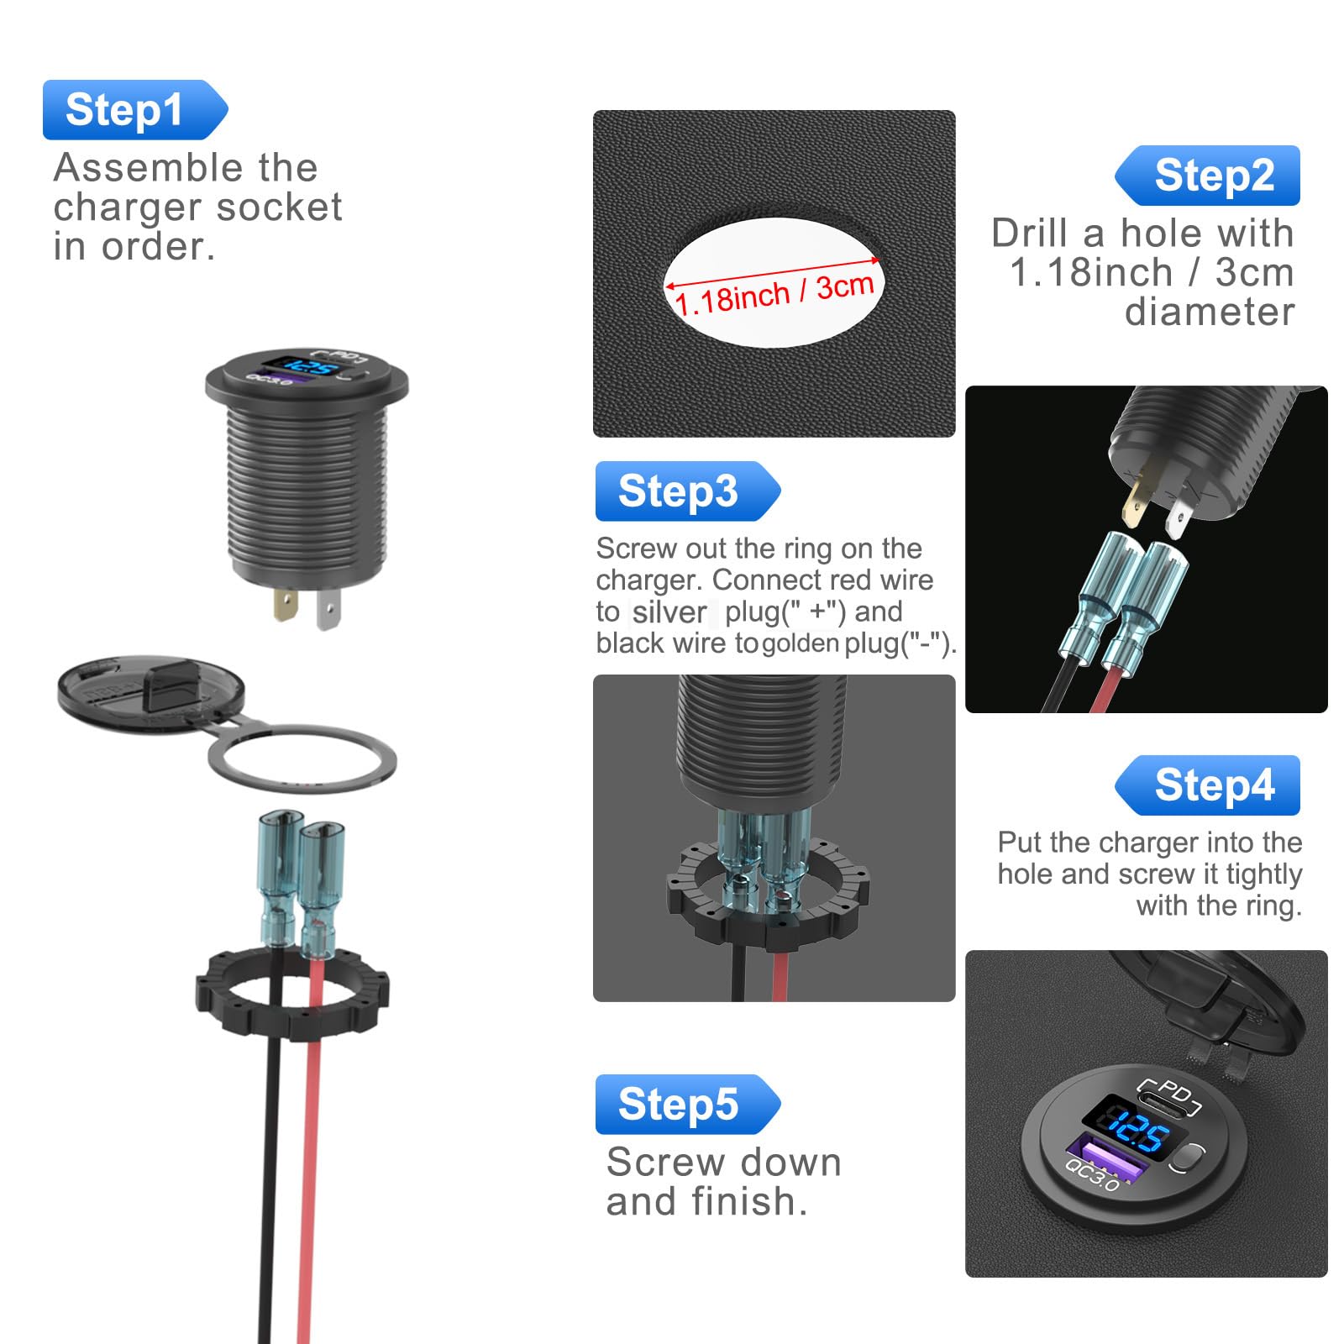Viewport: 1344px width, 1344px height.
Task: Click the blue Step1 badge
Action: (134, 110)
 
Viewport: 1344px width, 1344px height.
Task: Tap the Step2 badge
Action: (1208, 176)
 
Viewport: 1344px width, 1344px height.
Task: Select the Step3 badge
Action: (687, 491)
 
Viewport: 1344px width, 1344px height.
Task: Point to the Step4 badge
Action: (1208, 785)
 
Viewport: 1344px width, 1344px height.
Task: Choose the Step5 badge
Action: (687, 1105)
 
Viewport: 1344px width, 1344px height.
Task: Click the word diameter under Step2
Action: (1210, 312)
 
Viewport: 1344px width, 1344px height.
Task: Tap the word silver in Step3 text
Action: (669, 612)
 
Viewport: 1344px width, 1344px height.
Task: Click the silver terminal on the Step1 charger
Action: (328, 609)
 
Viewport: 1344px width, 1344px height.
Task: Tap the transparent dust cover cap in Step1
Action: (151, 693)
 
